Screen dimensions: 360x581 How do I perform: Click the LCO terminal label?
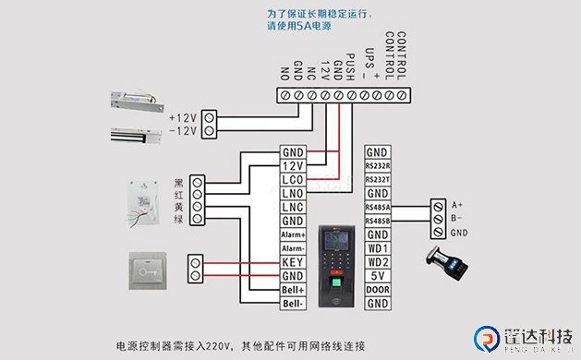pos(293,179)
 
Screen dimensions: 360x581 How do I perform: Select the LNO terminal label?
pos(293,193)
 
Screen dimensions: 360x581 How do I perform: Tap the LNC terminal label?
pos(293,208)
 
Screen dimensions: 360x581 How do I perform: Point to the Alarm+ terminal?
pos(293,235)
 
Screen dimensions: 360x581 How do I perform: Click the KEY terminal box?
pos(293,263)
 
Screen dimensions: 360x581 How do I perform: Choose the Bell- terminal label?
pos(293,303)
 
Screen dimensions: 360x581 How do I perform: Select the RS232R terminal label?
pos(377,166)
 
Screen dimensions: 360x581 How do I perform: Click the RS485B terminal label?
pos(377,221)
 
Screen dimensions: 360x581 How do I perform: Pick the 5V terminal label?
pos(377,275)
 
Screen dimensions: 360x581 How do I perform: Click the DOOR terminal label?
pos(377,289)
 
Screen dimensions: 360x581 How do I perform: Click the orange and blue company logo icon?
pos(484,338)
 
